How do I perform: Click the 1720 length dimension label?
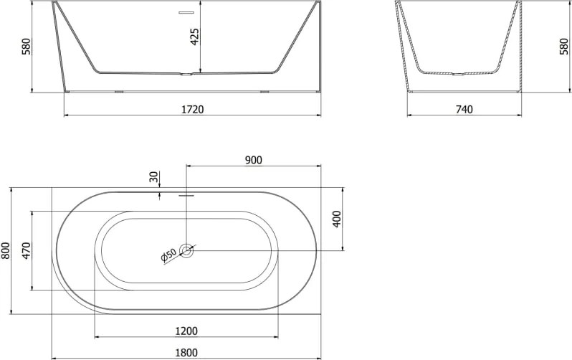click(193, 109)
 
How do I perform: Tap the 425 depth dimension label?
click(195, 37)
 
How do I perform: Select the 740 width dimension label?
click(464, 109)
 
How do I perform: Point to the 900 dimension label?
click(254, 160)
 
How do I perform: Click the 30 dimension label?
click(154, 177)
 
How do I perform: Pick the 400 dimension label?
click(337, 219)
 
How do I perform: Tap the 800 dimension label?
click(6, 250)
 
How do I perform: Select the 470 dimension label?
click(27, 250)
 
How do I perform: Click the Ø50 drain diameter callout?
click(168, 255)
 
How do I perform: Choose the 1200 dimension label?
click(186, 331)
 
